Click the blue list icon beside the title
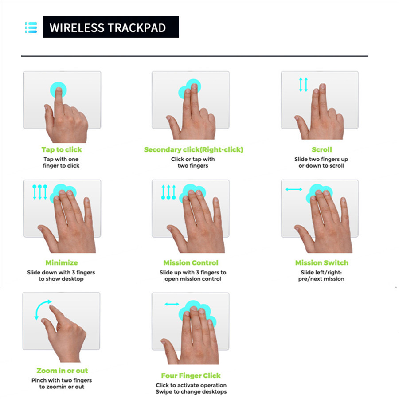coord(31,27)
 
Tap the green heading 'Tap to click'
coord(62,150)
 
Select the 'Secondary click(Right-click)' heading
coord(193,150)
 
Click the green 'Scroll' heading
coord(321,150)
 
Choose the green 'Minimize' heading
coord(62,263)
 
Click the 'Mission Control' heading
coord(191,263)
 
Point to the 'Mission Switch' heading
coord(321,263)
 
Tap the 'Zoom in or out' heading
coord(62,371)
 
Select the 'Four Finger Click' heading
coord(191,376)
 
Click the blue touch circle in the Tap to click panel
coord(58,90)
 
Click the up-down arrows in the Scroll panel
coord(303,85)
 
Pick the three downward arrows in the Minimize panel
coord(40,192)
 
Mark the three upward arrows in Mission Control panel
coord(168,192)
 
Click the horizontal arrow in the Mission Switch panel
coord(293,189)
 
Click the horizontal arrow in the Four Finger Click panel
coord(172,304)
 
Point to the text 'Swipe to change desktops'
coord(191,392)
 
